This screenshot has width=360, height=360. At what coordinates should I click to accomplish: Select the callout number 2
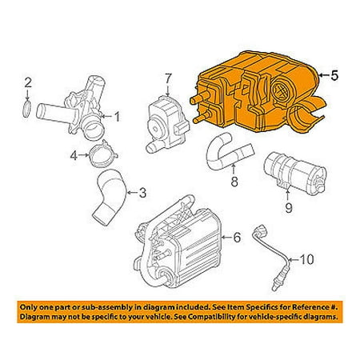coord(27,83)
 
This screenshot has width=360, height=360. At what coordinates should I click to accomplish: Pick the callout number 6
coord(236,237)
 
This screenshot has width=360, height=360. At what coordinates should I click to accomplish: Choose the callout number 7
coord(168,78)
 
